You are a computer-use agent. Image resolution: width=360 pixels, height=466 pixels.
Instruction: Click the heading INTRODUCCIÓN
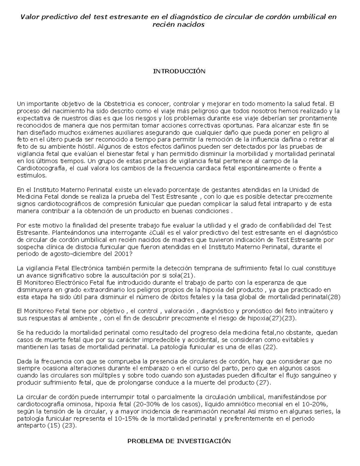pyautogui.click(x=179, y=71)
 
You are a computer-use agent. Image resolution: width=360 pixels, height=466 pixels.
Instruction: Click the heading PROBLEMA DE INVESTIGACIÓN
pyautogui.click(x=179, y=441)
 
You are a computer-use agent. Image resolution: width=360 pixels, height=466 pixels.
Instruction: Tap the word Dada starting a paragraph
pyautogui.click(x=23, y=361)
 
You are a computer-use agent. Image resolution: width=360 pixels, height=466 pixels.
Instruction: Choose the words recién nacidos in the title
pyautogui.click(x=179, y=25)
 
